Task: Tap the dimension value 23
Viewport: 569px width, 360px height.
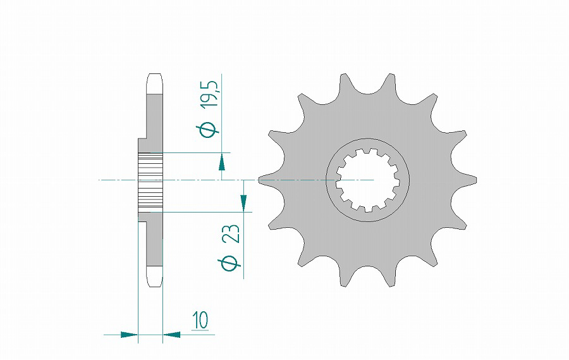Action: pyautogui.click(x=231, y=233)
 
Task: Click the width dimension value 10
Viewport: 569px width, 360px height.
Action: pyautogui.click(x=200, y=320)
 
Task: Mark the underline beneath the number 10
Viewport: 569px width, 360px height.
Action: pyautogui.click(x=200, y=330)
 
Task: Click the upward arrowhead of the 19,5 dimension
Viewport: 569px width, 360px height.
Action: pyautogui.click(x=221, y=161)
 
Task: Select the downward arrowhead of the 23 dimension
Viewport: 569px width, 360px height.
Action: pyautogui.click(x=243, y=204)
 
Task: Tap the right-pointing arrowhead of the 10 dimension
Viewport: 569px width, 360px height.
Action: pyautogui.click(x=129, y=335)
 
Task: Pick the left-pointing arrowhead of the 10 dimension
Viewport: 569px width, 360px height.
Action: pyautogui.click(x=171, y=335)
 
